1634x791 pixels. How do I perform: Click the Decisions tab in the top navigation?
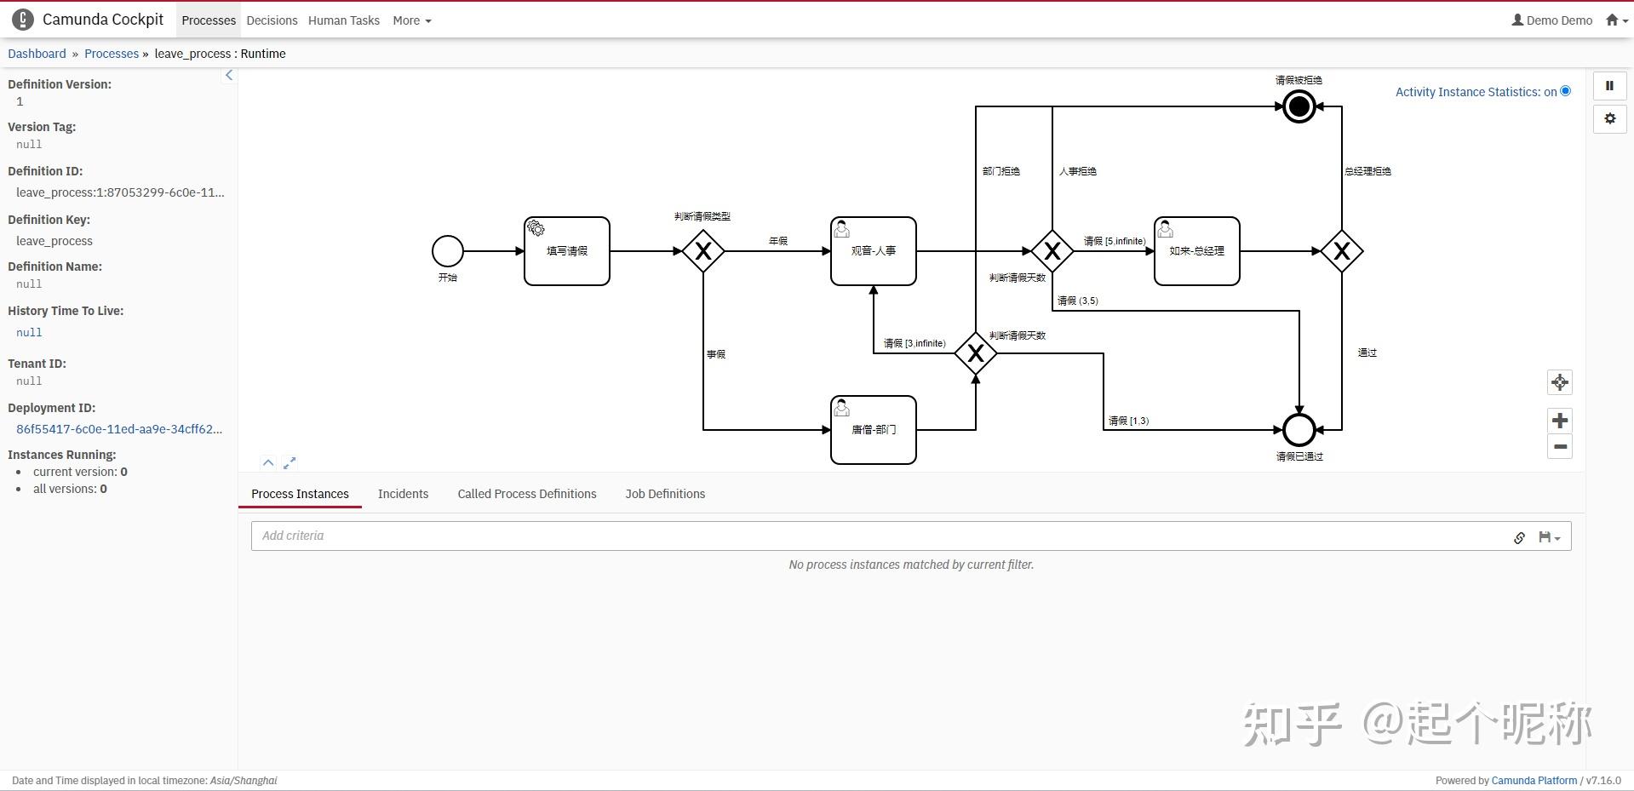point(272,20)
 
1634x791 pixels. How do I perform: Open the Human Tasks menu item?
point(344,20)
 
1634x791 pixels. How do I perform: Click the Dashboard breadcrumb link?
point(37,54)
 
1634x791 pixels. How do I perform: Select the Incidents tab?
point(403,494)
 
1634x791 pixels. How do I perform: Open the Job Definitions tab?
point(665,494)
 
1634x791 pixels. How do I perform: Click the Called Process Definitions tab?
point(527,494)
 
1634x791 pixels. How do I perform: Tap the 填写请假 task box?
point(567,251)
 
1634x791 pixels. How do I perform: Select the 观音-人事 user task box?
point(874,251)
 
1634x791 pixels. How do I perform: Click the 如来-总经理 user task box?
point(1197,251)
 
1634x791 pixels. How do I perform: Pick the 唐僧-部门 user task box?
point(874,430)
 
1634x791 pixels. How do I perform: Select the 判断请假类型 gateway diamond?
point(703,251)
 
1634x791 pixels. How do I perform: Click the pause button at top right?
point(1609,85)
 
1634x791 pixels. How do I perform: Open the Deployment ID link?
point(119,429)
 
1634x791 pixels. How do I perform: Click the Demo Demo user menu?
point(1551,20)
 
